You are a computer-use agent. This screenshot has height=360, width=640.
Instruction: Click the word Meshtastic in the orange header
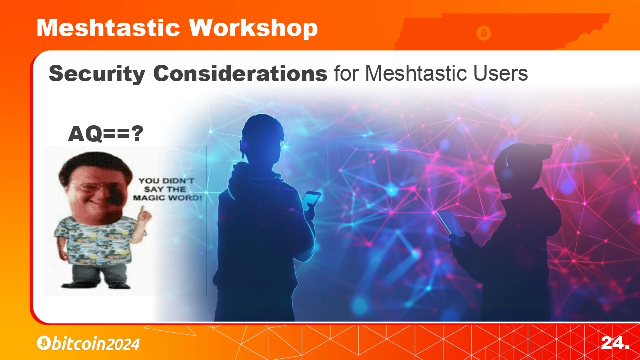[x=108, y=27]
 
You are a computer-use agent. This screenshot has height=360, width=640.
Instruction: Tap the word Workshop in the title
[x=253, y=29]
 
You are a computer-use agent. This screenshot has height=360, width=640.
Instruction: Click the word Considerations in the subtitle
[x=240, y=73]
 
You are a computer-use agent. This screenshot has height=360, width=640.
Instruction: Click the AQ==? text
[x=105, y=133]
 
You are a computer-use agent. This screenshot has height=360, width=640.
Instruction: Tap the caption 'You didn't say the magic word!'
[x=167, y=189]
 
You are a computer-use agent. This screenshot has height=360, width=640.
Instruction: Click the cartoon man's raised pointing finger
[x=142, y=211]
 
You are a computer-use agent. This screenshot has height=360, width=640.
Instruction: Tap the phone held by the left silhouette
[x=311, y=200]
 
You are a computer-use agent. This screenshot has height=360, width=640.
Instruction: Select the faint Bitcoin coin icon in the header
[x=483, y=33]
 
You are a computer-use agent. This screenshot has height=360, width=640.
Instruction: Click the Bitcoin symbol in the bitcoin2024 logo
[x=44, y=343]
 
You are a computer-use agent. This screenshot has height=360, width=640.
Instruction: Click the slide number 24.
[x=615, y=343]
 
